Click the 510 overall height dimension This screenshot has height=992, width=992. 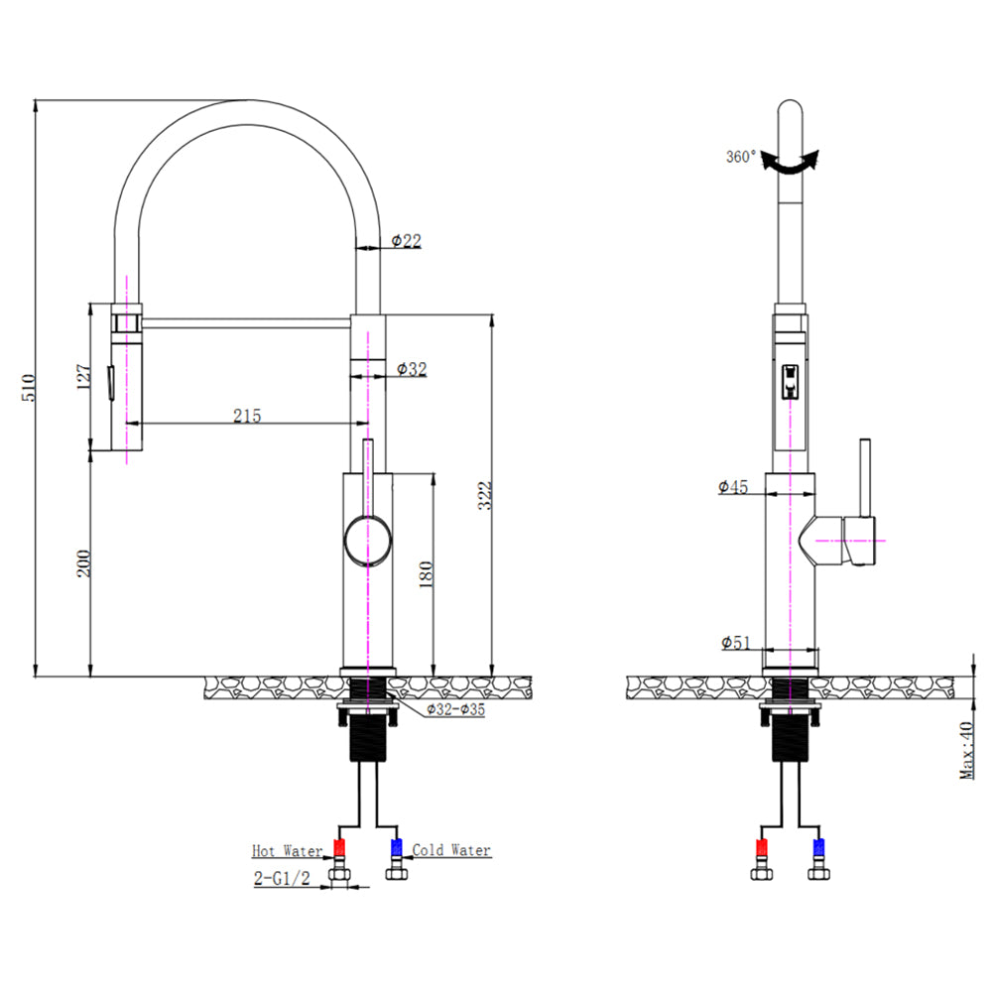coord(29,386)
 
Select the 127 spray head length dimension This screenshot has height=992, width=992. coord(84,378)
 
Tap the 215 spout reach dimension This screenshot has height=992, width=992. coord(247,416)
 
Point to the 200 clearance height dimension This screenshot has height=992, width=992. coord(84,562)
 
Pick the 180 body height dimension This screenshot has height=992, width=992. coord(427,573)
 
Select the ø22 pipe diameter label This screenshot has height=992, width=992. coord(407,240)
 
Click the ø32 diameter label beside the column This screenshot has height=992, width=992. coord(411,369)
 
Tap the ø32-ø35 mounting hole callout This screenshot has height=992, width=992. coord(455,709)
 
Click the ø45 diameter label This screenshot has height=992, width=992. coord(733,486)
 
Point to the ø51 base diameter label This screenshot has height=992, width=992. coord(735,643)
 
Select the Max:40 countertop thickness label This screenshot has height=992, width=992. coord(966,749)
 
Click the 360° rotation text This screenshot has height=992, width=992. coord(741,157)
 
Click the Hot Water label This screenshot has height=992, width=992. coord(286,851)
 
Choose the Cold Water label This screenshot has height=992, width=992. coord(451,850)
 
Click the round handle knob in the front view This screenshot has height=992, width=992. coord(368,541)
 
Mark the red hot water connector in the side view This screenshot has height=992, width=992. coord(762,847)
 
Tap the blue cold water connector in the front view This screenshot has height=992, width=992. coord(396,847)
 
